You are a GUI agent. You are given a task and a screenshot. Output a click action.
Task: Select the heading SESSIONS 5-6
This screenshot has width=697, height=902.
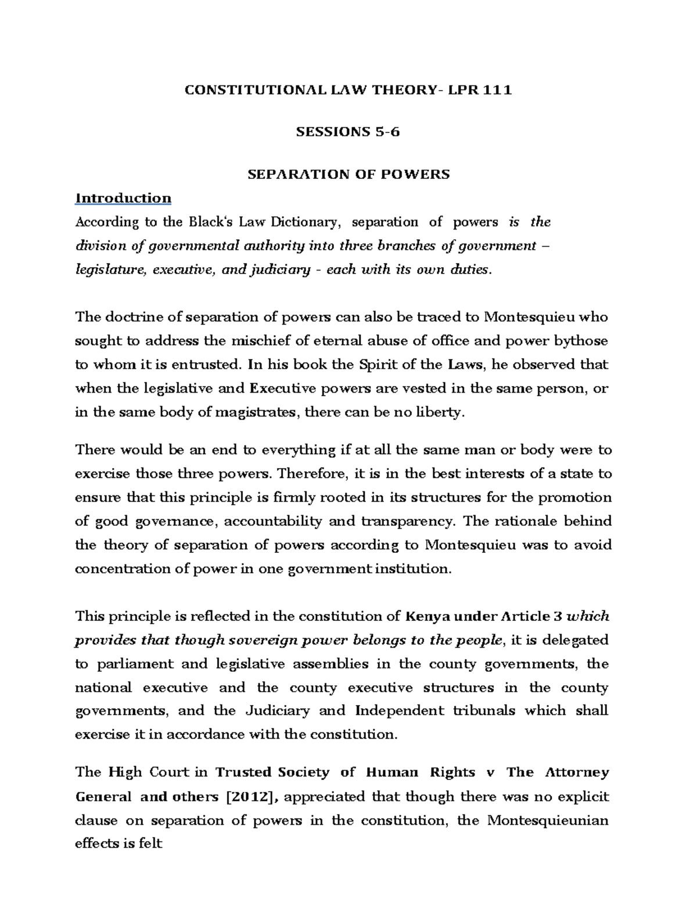348,132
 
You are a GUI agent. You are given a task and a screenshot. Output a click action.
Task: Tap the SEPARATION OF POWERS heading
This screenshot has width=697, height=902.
348,174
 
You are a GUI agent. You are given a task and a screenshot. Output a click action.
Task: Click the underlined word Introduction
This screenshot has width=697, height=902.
123,198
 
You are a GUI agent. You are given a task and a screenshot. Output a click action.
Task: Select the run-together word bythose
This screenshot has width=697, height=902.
581,341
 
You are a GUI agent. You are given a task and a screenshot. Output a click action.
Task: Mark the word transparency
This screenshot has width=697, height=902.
407,522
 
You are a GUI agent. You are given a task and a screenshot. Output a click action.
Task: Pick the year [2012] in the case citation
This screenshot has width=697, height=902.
247,797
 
